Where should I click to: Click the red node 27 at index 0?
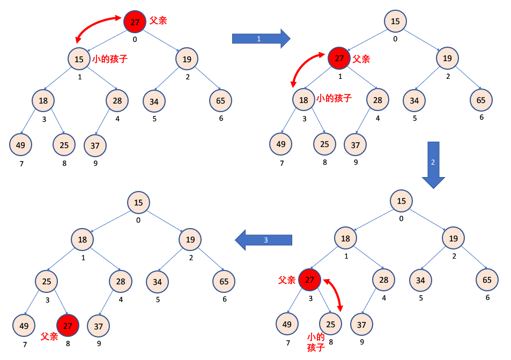pyautogui.click(x=135, y=22)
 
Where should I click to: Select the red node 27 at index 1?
pyautogui.click(x=339, y=58)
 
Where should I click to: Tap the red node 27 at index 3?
pyautogui.click(x=309, y=279)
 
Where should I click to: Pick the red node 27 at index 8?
pyautogui.click(x=68, y=326)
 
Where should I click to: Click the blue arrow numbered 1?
pyautogui.click(x=261, y=39)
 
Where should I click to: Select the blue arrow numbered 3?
pyautogui.click(x=264, y=240)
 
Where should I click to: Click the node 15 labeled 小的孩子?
pyautogui.click(x=79, y=59)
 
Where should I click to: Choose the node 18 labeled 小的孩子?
pyautogui.click(x=303, y=100)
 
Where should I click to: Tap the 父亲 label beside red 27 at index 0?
pyautogui.click(x=158, y=20)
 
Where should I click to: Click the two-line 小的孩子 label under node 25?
pyautogui.click(x=316, y=342)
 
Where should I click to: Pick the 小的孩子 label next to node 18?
pyautogui.click(x=334, y=98)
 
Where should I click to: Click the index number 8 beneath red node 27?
pyautogui.click(x=68, y=344)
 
